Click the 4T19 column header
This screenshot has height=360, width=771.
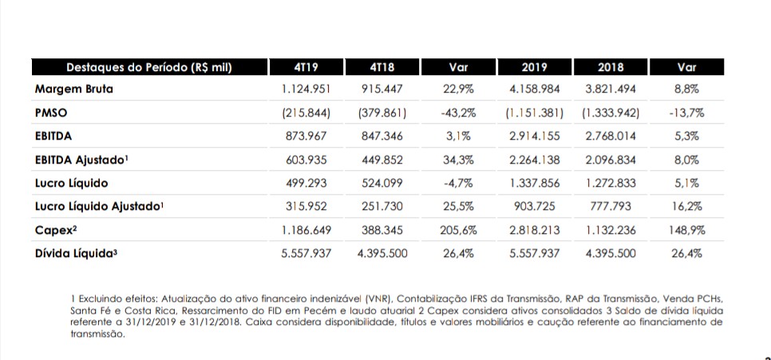(x=307, y=67)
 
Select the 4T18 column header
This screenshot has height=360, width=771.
(x=384, y=67)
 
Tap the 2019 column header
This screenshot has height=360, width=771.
(x=534, y=67)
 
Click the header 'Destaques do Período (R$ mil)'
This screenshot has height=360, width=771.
(x=148, y=67)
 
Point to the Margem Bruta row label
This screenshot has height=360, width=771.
(x=74, y=89)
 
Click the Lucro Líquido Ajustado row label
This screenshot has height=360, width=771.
(x=100, y=207)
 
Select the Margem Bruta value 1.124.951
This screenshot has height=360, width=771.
(x=307, y=89)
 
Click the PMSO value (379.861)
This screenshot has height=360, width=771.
(x=384, y=113)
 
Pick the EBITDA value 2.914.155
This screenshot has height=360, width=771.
(x=534, y=136)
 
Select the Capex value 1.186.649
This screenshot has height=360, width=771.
(x=307, y=230)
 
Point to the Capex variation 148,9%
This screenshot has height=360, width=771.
(x=686, y=230)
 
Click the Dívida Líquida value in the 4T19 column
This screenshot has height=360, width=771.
(x=307, y=254)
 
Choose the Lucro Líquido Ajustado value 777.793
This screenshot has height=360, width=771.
(x=610, y=207)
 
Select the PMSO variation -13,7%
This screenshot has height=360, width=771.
(x=686, y=113)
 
